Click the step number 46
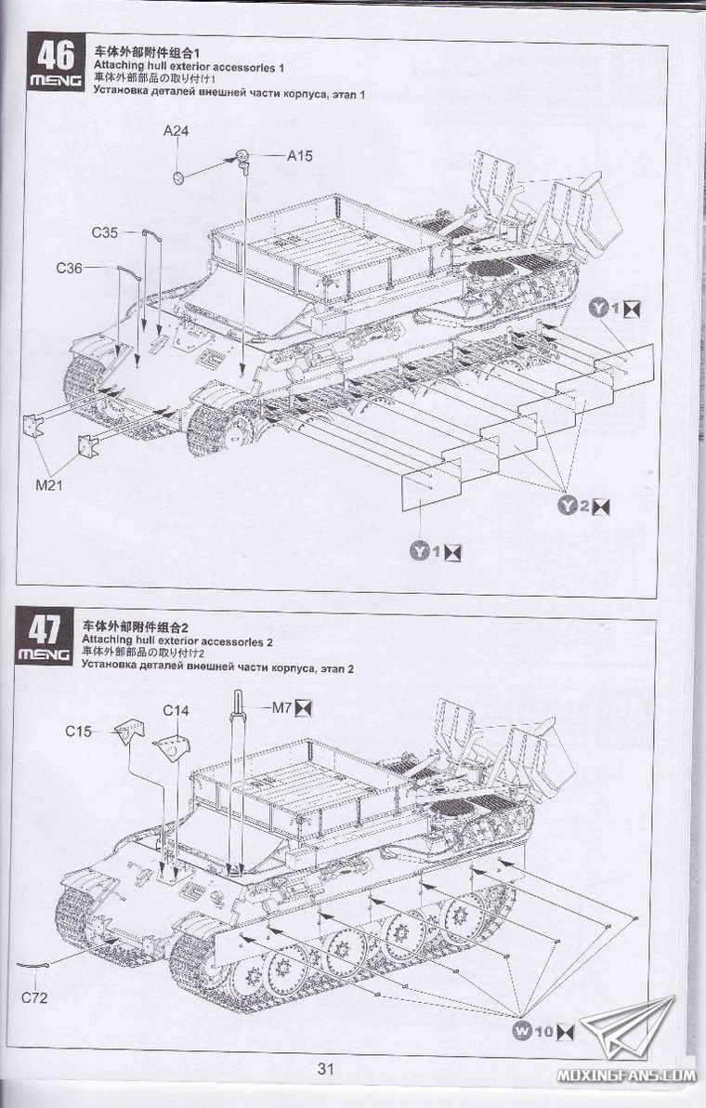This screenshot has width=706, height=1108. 52,56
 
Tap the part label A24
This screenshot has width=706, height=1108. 176,131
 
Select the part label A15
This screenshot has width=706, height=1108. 299,156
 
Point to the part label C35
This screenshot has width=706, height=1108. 104,232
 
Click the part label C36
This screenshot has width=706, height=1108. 70,268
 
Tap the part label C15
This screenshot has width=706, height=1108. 79,731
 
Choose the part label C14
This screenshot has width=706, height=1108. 176,711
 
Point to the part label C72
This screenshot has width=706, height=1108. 34,999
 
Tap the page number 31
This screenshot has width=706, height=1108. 325,1068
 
